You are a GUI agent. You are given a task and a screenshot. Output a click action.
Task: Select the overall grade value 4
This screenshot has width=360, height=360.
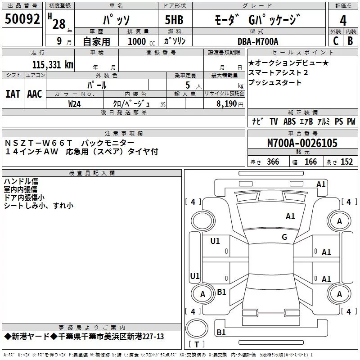pyautogui.click(x=343, y=20)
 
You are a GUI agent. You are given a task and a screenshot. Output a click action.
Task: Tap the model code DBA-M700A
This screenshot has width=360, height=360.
pyautogui.click(x=258, y=41)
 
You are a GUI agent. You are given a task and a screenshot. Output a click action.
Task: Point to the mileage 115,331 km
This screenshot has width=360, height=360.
pyautogui.click(x=53, y=64)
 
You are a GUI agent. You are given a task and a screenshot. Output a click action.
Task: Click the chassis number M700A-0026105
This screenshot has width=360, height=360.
pyautogui.click(x=302, y=143)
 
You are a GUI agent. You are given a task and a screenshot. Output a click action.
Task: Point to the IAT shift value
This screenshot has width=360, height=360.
pyautogui.click(x=13, y=94)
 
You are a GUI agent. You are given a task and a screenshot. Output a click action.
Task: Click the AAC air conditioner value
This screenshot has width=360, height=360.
pyautogui.click(x=34, y=94)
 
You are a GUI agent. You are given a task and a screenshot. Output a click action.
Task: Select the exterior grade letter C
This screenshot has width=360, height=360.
pyautogui.click(x=335, y=41)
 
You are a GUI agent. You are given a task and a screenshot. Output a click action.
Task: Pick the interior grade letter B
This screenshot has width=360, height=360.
pyautogui.click(x=350, y=41)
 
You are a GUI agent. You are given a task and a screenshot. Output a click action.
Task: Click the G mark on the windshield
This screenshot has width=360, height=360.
pyautogui.click(x=284, y=237)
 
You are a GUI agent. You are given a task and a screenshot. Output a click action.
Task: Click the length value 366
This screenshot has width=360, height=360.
pyautogui.click(x=273, y=162)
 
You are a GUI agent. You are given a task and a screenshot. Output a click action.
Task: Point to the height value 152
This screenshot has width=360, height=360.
pyautogui.click(x=346, y=162)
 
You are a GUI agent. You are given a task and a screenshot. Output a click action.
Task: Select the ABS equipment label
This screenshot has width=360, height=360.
pyautogui.click(x=289, y=121)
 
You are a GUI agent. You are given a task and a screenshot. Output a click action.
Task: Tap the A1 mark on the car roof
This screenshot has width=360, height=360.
pyautogui.click(x=290, y=216)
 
